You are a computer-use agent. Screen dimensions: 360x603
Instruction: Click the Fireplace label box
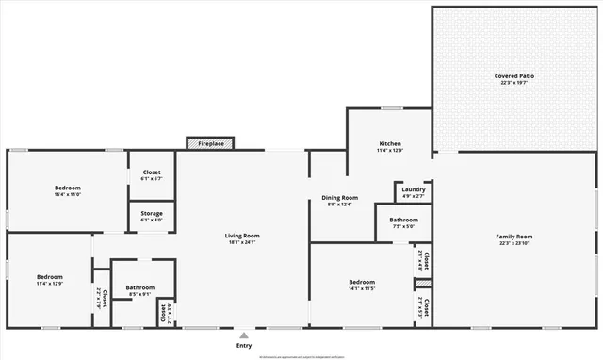pyautogui.click(x=211, y=144)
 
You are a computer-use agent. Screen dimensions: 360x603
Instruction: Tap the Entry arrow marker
pyautogui.click(x=244, y=335)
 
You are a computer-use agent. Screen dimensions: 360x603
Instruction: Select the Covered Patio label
pyautogui.click(x=513, y=75)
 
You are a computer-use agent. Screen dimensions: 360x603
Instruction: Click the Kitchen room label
pyautogui.click(x=390, y=142)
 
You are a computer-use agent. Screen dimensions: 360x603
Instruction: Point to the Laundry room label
pyautogui.click(x=413, y=189)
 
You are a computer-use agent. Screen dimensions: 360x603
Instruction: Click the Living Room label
pyautogui.click(x=241, y=236)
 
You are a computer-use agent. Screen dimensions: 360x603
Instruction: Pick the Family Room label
pyautogui.click(x=514, y=236)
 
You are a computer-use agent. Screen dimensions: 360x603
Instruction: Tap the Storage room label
pyautogui.click(x=152, y=214)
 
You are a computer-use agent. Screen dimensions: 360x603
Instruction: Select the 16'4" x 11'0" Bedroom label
pyautogui.click(x=67, y=188)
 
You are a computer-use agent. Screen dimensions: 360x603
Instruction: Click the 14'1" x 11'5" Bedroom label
pyautogui.click(x=362, y=282)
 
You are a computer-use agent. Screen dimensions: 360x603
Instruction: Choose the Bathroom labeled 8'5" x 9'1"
pyautogui.click(x=139, y=287)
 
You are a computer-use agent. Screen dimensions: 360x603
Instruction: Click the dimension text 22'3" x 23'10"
pyautogui.click(x=514, y=243)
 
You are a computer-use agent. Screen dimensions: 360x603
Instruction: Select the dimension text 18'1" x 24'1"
pyautogui.click(x=241, y=243)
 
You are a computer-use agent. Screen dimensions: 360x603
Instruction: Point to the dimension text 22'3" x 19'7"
pyautogui.click(x=513, y=83)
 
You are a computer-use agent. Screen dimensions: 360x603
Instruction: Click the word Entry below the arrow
pyautogui.click(x=244, y=346)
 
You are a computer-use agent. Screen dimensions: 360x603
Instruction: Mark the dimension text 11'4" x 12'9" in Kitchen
pyautogui.click(x=390, y=150)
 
